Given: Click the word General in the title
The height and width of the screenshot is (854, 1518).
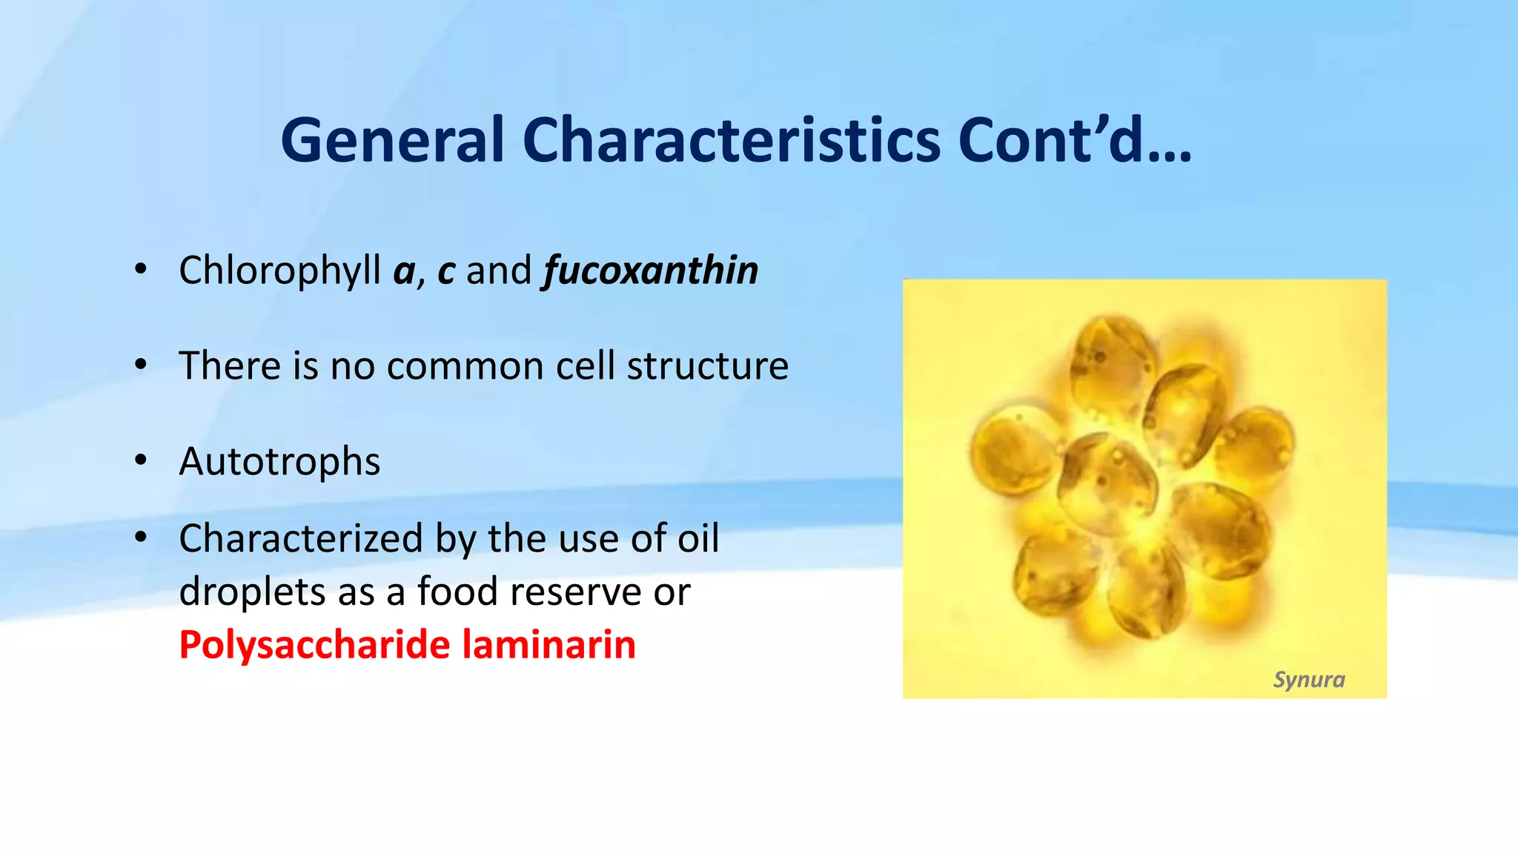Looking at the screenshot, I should pyautogui.click(x=393, y=141).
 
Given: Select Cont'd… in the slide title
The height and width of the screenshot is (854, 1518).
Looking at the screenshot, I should pyautogui.click(x=1075, y=141).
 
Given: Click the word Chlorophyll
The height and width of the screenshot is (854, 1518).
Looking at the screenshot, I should pyautogui.click(x=280, y=271).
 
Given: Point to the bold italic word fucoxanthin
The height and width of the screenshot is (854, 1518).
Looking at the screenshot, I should pyautogui.click(x=652, y=271).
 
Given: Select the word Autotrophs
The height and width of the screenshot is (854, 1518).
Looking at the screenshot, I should pyautogui.click(x=280, y=462).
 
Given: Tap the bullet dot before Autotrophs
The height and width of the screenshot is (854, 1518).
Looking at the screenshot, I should pyautogui.click(x=141, y=461).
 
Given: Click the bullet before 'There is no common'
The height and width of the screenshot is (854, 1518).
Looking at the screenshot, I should pyautogui.click(x=141, y=365).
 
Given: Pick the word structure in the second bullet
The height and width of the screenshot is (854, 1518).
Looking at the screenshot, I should pyautogui.click(x=708, y=366).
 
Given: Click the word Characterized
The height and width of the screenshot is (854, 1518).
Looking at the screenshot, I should pyautogui.click(x=301, y=539).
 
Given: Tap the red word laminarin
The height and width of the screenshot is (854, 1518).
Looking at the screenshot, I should pyautogui.click(x=549, y=645).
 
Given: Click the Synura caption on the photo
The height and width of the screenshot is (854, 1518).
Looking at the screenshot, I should pyautogui.click(x=1308, y=680).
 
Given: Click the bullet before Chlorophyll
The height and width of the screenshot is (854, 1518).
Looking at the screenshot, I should pyautogui.click(x=141, y=270).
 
